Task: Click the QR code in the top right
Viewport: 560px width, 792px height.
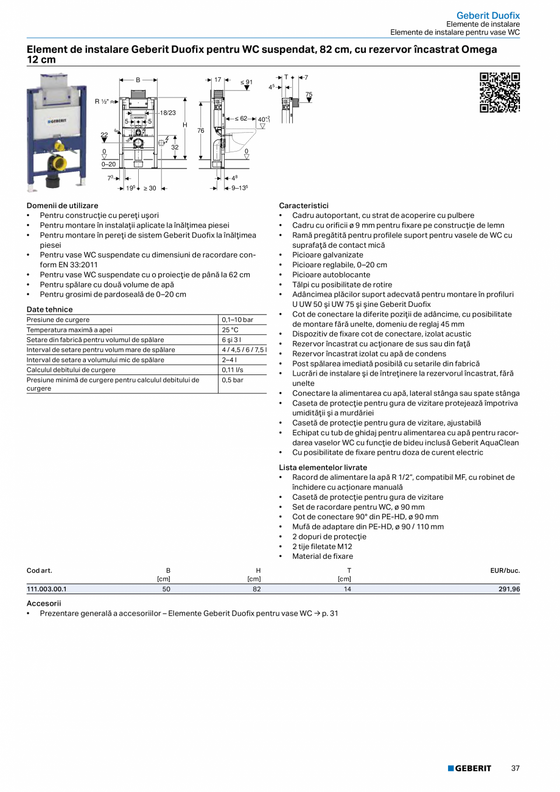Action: click(x=500, y=93)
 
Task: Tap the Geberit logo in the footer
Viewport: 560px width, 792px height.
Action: click(x=469, y=768)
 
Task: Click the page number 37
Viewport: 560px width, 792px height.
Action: click(x=515, y=768)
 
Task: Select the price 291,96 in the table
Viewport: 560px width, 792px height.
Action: click(x=508, y=589)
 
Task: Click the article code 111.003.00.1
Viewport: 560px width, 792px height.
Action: click(x=47, y=589)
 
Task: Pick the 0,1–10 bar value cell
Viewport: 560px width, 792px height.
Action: click(x=237, y=320)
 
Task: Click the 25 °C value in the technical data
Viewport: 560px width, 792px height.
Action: click(x=230, y=330)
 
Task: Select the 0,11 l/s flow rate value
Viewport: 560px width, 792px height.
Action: click(x=233, y=370)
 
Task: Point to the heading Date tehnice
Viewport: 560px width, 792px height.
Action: click(x=50, y=309)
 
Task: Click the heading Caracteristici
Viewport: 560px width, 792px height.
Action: click(x=304, y=206)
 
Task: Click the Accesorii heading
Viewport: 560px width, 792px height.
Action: click(x=44, y=603)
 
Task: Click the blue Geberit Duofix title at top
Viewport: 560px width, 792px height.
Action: click(x=488, y=15)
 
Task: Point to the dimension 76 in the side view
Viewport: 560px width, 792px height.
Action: click(x=200, y=131)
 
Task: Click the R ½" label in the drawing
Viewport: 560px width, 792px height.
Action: click(x=102, y=101)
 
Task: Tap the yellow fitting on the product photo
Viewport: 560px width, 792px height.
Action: click(x=60, y=146)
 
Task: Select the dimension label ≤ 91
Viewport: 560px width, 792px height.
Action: click(x=246, y=82)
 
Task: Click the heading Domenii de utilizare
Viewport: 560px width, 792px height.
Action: click(x=63, y=206)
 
